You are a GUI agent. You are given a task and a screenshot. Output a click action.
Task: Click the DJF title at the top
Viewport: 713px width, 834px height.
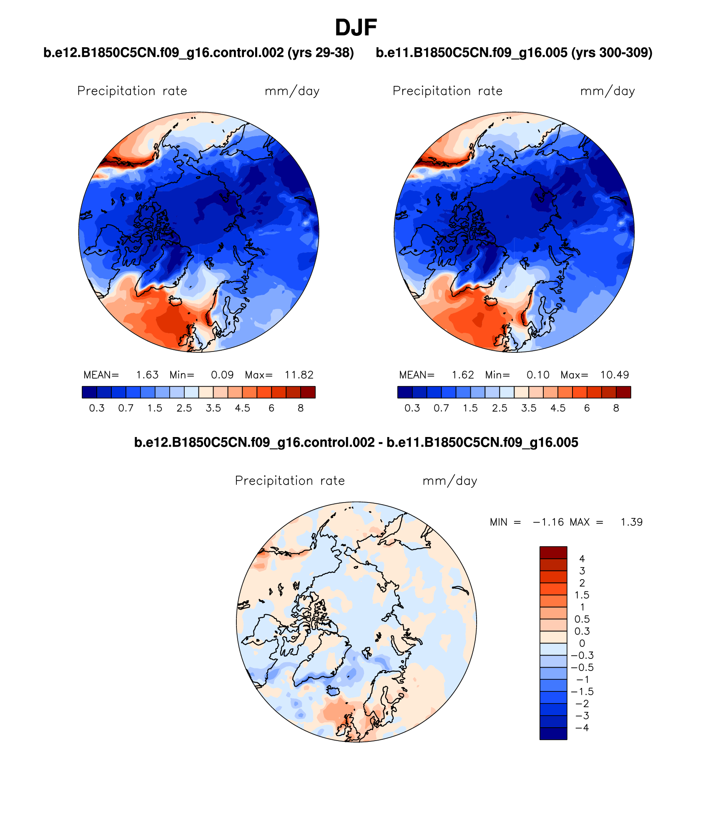356,28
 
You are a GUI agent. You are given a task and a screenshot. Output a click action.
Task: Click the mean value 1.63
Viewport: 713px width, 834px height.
147,375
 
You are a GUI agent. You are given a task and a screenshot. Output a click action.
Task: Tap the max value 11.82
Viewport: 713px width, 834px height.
299,375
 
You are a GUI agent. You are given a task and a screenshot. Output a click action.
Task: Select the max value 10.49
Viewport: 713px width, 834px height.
615,375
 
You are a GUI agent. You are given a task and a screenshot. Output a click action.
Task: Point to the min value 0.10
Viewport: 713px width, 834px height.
538,375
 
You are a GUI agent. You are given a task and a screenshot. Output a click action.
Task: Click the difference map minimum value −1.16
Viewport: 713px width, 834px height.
548,522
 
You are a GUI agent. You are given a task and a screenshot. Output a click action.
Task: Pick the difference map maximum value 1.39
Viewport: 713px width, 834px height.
631,522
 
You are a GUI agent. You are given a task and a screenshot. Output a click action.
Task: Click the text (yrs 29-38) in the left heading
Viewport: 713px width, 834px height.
321,53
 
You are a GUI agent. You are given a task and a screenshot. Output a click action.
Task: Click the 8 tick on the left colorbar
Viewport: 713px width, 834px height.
301,408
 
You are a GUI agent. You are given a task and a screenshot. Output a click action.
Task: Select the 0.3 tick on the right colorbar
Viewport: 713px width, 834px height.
412,408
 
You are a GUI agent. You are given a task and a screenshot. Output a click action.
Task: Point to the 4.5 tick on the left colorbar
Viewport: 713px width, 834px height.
242,408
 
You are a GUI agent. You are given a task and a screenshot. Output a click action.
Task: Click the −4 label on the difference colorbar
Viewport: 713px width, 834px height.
582,728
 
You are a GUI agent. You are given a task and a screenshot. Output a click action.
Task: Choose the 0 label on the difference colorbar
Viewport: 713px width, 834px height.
582,643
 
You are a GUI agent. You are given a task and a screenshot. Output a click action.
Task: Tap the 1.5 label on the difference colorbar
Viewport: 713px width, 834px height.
582,595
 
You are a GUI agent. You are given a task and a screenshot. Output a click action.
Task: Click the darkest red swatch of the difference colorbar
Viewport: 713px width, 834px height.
553,553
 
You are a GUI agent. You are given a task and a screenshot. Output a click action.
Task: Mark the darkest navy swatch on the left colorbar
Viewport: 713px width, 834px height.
89,392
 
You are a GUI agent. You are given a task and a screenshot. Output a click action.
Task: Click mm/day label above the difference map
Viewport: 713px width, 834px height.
449,481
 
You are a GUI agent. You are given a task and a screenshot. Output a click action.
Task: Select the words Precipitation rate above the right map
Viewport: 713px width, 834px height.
447,91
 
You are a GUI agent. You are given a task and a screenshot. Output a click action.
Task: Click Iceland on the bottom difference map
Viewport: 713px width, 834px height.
332,691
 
